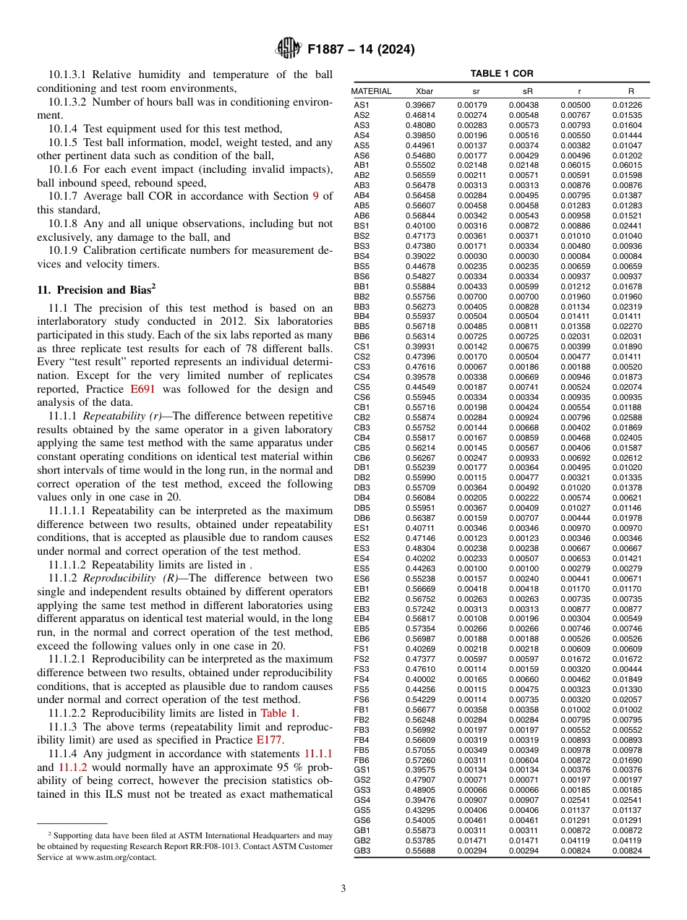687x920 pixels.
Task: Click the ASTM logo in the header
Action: (288, 49)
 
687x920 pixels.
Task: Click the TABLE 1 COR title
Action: (501, 74)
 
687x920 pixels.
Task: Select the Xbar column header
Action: (424, 92)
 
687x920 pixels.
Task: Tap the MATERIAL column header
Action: (371, 92)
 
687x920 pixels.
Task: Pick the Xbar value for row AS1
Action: (419, 105)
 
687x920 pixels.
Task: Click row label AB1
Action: (362, 165)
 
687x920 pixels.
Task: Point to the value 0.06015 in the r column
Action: (575, 165)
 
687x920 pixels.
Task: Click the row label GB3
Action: (362, 851)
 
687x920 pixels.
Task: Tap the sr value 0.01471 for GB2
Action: (471, 841)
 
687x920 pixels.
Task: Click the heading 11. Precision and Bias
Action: (96, 290)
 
